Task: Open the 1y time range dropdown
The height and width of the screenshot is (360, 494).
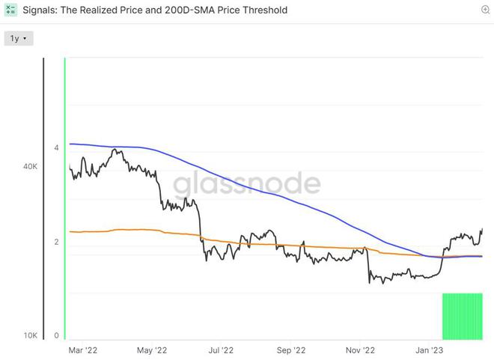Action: tap(19, 38)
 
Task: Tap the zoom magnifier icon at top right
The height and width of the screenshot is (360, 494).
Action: tap(486, 10)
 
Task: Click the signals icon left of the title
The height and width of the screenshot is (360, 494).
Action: tap(10, 10)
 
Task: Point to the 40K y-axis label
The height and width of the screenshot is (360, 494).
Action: tap(31, 167)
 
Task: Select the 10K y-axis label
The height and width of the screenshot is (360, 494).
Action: tap(31, 335)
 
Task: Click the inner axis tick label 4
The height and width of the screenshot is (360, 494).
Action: tap(56, 148)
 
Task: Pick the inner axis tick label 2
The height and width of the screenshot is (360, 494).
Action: tap(56, 242)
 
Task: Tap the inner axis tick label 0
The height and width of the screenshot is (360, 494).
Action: tap(56, 335)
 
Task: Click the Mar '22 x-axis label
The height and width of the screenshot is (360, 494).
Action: tap(82, 350)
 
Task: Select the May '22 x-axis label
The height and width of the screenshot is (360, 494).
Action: tap(152, 350)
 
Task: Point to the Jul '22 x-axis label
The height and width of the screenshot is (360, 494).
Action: tap(221, 350)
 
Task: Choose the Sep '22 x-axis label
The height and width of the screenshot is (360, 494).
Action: tap(290, 350)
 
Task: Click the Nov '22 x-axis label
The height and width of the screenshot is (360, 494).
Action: tap(360, 350)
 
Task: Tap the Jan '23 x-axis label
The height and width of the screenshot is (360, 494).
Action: tap(428, 350)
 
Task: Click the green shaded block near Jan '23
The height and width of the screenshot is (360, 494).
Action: tap(463, 316)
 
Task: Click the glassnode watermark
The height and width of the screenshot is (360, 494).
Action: tap(247, 184)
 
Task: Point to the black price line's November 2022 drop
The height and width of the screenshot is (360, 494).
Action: tap(368, 266)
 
